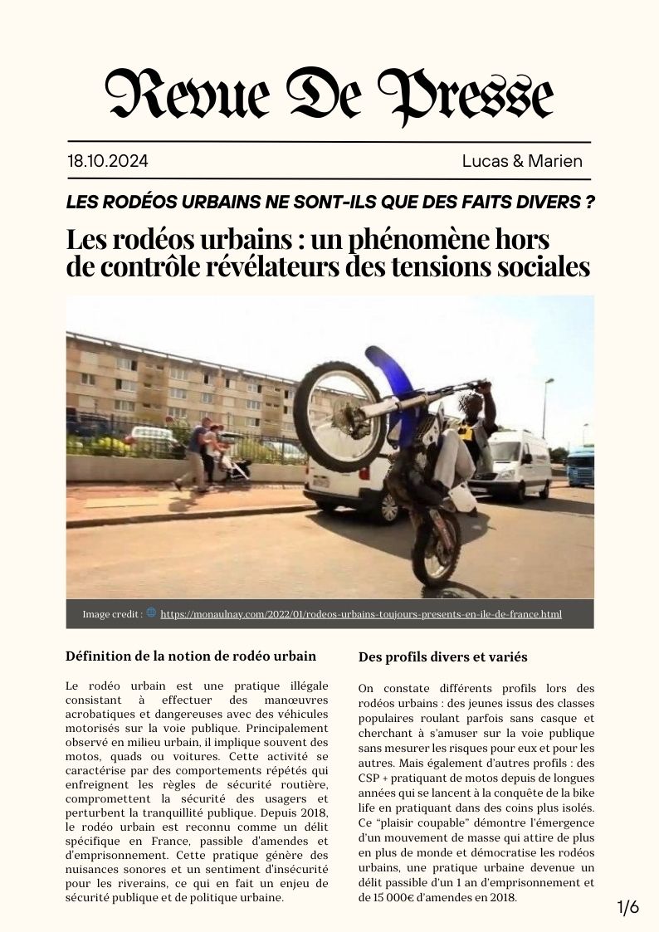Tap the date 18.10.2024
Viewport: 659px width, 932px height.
(108, 161)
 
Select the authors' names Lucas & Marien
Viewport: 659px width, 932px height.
(522, 161)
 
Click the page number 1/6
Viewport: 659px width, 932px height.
(628, 907)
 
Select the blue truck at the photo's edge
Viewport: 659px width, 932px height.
(581, 466)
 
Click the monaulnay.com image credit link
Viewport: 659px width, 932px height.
(361, 614)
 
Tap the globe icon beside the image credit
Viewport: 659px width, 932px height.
(151, 613)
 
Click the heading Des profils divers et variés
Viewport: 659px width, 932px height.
(442, 657)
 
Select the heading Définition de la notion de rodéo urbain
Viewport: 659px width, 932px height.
(191, 656)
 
